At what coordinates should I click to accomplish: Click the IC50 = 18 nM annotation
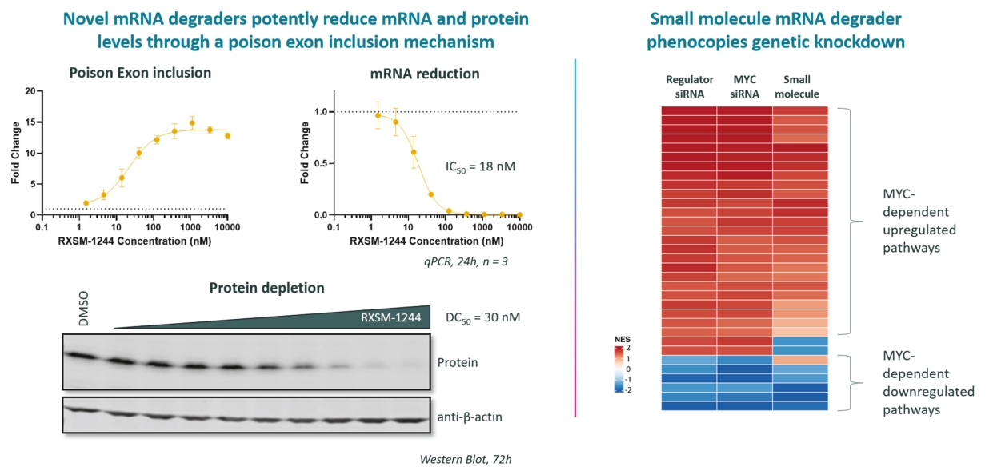click(x=480, y=166)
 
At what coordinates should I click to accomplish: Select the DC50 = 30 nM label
click(x=482, y=317)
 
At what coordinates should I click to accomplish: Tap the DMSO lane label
click(x=83, y=309)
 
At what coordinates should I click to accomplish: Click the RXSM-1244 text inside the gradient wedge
click(x=390, y=317)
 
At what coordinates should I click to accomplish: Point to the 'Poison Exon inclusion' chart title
click(x=140, y=72)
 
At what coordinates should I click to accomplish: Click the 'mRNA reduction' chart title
click(x=425, y=74)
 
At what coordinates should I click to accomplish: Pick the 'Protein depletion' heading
click(x=266, y=288)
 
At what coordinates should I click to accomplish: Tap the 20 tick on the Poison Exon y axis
click(x=30, y=91)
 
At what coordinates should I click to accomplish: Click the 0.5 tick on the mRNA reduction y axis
click(x=321, y=163)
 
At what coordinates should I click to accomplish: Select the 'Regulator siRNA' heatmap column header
click(x=689, y=86)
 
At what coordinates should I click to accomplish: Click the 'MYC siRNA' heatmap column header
click(x=744, y=86)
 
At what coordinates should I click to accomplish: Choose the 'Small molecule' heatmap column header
click(x=797, y=86)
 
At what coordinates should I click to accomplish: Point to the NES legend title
click(x=622, y=339)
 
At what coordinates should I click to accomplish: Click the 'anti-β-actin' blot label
click(x=470, y=417)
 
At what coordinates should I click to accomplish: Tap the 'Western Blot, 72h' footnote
click(x=466, y=460)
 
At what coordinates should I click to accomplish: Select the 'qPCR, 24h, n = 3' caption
click(x=466, y=261)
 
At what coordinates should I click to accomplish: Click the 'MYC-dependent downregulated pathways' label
click(x=928, y=382)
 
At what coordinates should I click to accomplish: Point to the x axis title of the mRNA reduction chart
click(x=426, y=241)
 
